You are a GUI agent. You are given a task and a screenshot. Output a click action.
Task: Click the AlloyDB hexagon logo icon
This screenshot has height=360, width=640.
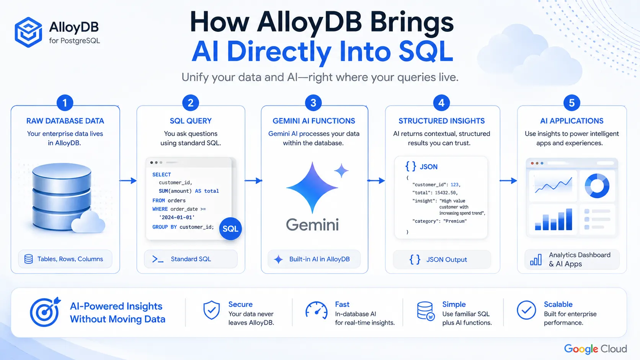28,32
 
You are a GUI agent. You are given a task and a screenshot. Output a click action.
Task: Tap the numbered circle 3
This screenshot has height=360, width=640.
313,103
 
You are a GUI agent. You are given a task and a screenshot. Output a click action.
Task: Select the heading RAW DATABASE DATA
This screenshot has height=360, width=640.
65,121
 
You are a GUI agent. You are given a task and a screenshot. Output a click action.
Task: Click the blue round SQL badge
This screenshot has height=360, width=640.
230,228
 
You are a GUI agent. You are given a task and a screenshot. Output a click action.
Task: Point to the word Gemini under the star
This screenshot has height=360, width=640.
312,225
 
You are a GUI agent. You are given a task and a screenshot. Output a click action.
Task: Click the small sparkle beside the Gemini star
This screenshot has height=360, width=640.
341,171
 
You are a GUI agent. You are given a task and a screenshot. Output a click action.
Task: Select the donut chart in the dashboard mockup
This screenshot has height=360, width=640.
597,186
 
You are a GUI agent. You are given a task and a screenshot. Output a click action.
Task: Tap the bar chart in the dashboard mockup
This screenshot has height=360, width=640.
553,219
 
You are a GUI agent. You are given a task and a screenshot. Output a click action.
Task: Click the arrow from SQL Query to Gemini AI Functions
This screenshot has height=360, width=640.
253,181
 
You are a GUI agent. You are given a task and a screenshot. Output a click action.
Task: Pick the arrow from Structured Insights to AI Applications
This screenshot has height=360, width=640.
508,181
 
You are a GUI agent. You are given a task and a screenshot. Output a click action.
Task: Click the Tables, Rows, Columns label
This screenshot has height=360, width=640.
70,259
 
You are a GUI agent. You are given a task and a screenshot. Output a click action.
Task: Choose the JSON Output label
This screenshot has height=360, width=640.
447,259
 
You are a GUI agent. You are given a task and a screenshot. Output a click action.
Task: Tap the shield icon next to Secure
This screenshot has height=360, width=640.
211,310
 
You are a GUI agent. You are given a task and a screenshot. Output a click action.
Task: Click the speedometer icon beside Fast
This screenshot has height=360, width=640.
316,310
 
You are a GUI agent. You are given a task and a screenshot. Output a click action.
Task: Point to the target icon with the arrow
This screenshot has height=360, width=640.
45,311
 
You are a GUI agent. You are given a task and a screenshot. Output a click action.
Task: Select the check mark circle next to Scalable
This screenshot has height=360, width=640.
526,310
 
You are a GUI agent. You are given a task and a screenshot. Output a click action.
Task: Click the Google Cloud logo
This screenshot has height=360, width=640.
596,349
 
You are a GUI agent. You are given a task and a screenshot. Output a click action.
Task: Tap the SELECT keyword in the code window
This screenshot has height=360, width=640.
162,174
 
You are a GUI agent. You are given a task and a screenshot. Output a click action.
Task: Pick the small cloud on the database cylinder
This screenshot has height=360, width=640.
88,222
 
